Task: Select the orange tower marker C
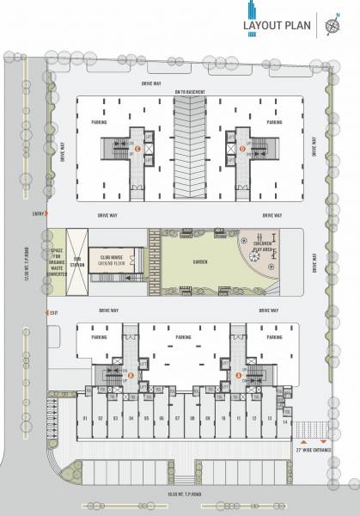137,148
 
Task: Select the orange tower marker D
243,148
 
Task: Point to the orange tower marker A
238,376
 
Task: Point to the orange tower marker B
131,376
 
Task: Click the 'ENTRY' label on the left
38,212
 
